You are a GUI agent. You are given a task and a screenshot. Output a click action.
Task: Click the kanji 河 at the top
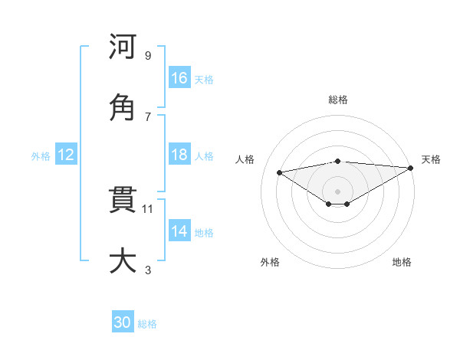click(123, 47)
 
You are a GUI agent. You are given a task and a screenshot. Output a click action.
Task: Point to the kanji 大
click(123, 261)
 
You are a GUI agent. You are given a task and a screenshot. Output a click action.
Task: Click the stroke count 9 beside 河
click(148, 56)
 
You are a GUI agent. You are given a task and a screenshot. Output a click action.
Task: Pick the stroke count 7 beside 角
click(148, 116)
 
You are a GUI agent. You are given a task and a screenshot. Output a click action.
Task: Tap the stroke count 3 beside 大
click(148, 270)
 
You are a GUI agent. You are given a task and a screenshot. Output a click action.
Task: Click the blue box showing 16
click(179, 78)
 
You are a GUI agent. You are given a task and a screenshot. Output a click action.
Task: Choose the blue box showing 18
click(179, 155)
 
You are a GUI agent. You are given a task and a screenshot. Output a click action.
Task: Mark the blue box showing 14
click(179, 231)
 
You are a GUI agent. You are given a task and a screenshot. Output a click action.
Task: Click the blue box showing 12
click(66, 155)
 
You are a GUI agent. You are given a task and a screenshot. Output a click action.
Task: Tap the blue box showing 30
click(123, 322)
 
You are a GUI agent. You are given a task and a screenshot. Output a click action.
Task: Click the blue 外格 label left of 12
click(41, 155)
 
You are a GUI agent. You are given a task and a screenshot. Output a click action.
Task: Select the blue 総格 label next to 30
click(147, 324)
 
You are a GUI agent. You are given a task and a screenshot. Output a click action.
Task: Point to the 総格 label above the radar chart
click(337, 100)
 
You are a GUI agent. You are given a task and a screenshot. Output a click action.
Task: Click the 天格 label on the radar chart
click(431, 159)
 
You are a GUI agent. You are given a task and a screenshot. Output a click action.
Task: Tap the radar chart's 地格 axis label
click(402, 262)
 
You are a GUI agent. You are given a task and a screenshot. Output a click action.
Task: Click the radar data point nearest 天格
click(411, 167)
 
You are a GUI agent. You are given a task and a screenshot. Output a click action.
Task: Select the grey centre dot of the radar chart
click(337, 191)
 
